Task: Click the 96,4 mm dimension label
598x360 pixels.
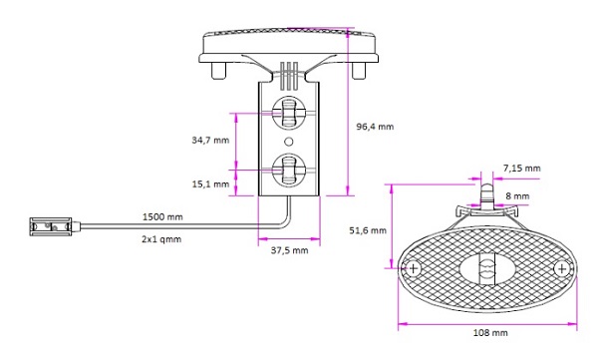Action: pos(375,127)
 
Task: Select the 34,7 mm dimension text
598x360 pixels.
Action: pos(210,140)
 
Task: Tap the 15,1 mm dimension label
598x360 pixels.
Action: pos(210,184)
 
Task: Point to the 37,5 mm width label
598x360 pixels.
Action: pos(289,250)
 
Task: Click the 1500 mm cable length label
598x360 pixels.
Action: pos(162,216)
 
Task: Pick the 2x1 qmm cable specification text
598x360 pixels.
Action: pos(161,239)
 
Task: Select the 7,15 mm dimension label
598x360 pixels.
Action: pos(521,168)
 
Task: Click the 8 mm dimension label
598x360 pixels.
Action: pos(517,195)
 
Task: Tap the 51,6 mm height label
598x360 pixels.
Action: pos(368,230)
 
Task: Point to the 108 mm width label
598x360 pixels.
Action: pos(490,332)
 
